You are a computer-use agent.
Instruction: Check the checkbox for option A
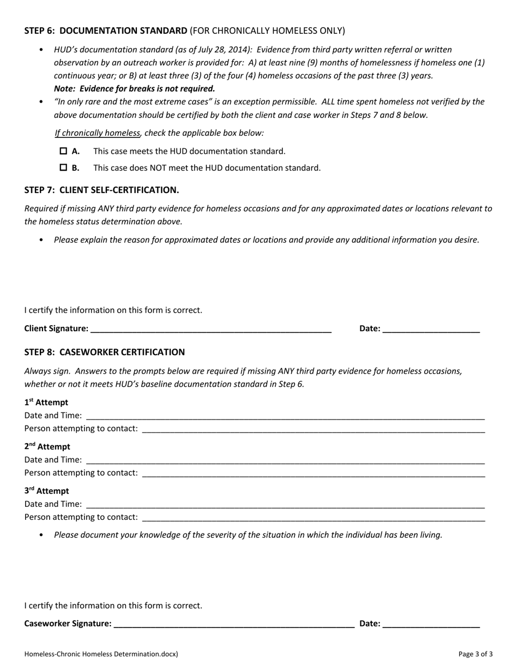pyautogui.click(x=63, y=151)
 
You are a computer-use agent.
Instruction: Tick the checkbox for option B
pyautogui.click(x=63, y=167)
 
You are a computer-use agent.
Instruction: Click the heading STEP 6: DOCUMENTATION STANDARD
pyautogui.click(x=106, y=31)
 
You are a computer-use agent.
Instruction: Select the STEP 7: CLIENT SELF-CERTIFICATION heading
pyautogui.click(x=101, y=190)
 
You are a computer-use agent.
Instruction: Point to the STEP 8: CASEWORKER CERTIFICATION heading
pyautogui.click(x=104, y=352)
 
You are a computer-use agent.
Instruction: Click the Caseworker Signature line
pyautogui.click(x=234, y=624)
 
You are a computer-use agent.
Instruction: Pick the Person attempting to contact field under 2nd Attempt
pyautogui.click(x=313, y=473)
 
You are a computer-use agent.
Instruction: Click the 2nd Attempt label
pyautogui.click(x=47, y=447)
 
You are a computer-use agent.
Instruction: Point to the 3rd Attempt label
pyautogui.click(x=47, y=491)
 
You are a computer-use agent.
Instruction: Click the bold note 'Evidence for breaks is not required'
pyautogui.click(x=147, y=88)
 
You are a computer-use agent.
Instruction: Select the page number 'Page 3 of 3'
pyautogui.click(x=475, y=654)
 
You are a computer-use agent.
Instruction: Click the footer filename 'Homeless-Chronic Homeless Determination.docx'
pyautogui.click(x=101, y=654)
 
